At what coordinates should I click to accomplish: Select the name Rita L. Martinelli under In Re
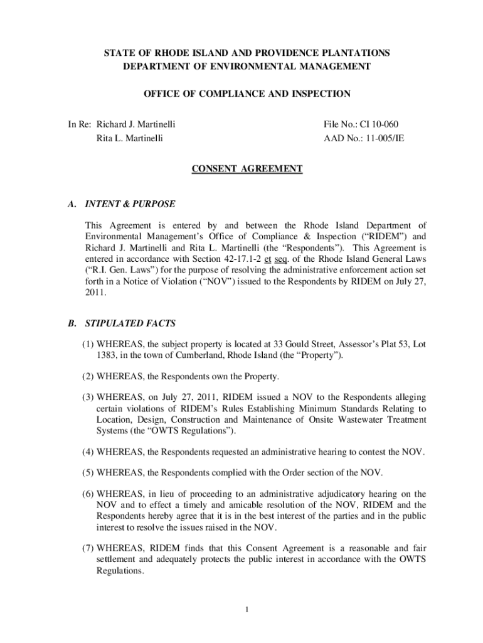[129, 138]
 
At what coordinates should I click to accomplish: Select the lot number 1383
[107, 355]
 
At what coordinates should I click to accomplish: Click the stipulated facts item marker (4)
[87, 451]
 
